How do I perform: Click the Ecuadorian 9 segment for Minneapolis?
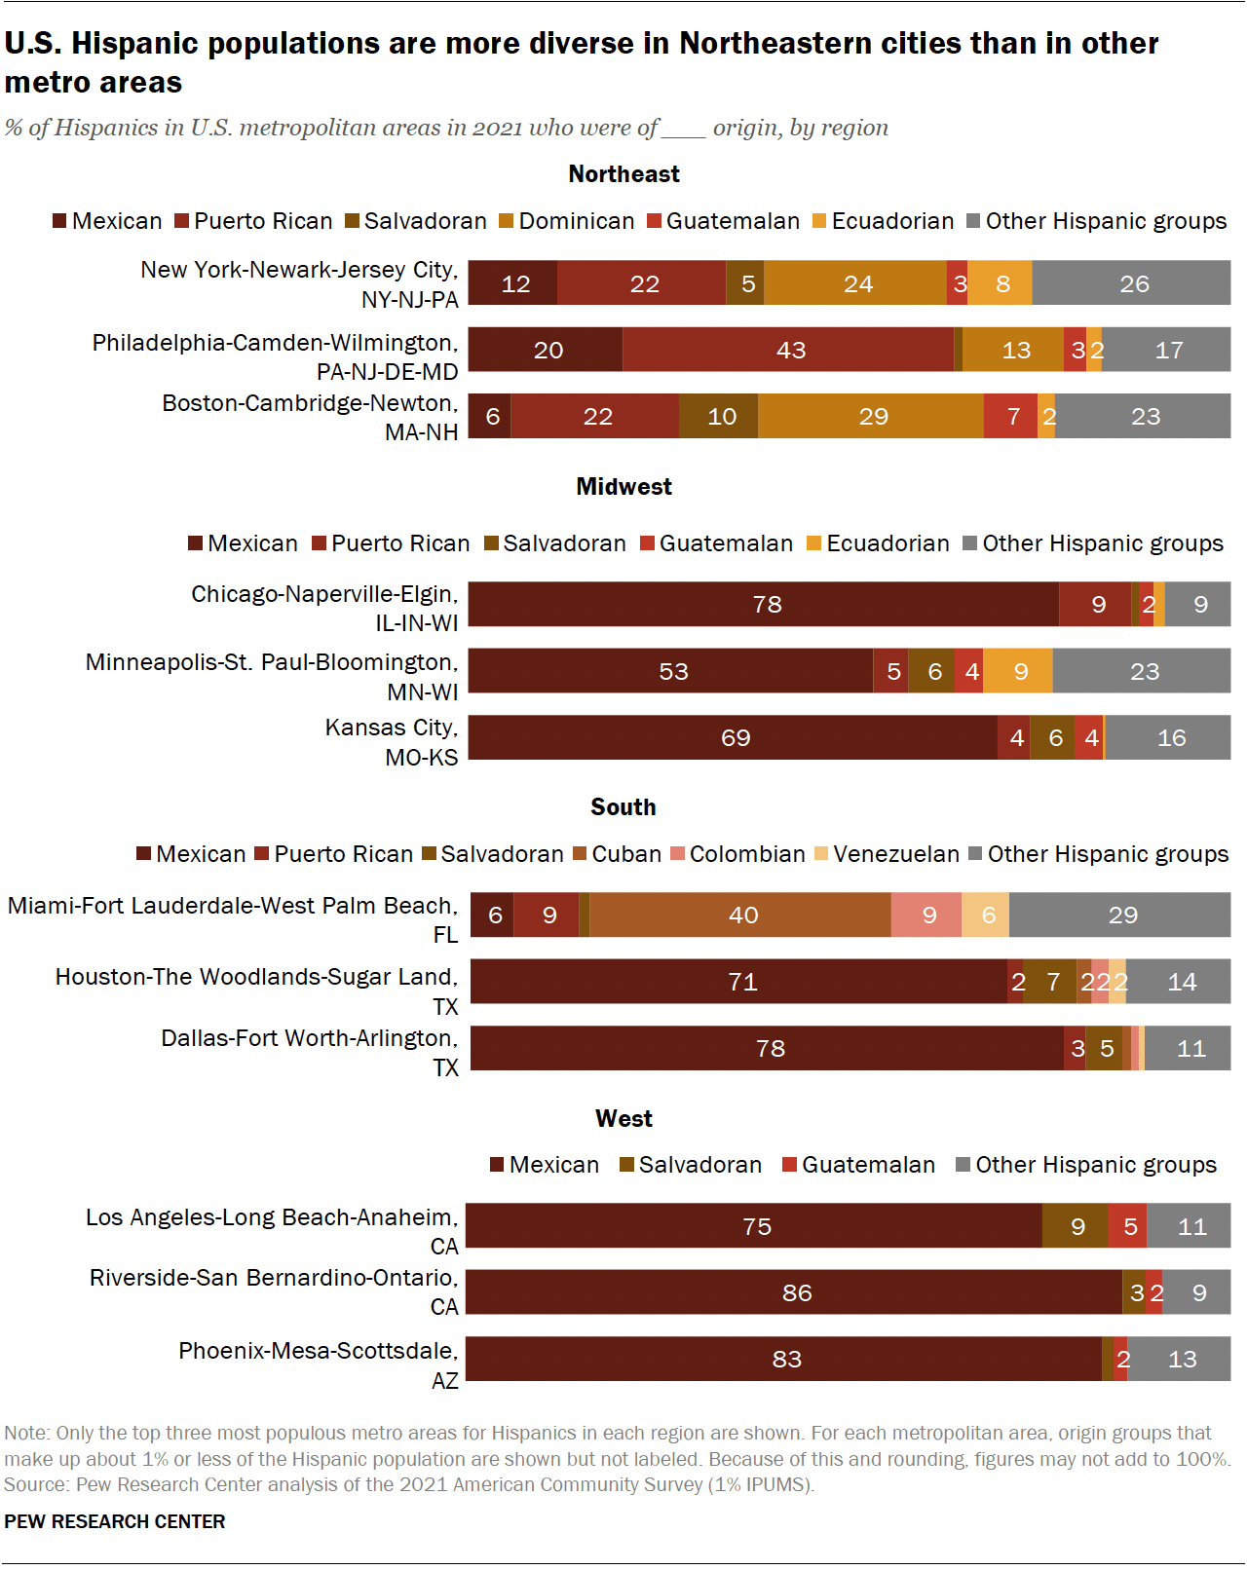click(x=1018, y=671)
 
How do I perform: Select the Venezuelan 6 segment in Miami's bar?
click(x=986, y=915)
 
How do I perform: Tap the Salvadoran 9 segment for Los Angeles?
click(x=1076, y=1226)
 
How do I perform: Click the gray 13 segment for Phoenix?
click(x=1180, y=1359)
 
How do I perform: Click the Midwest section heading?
click(x=623, y=487)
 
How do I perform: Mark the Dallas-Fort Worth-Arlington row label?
click(x=310, y=1052)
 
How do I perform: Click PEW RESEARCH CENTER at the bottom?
click(x=115, y=1521)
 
